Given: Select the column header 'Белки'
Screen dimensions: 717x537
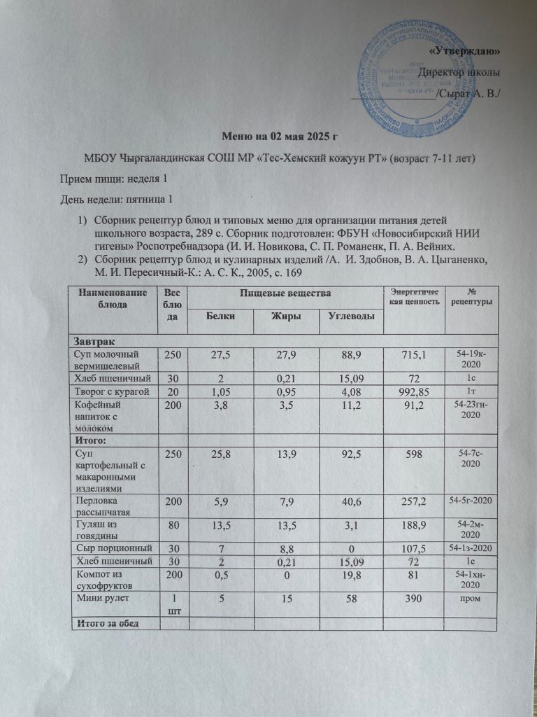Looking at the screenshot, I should (x=220, y=317).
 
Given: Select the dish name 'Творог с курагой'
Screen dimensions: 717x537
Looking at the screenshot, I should (x=113, y=390).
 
